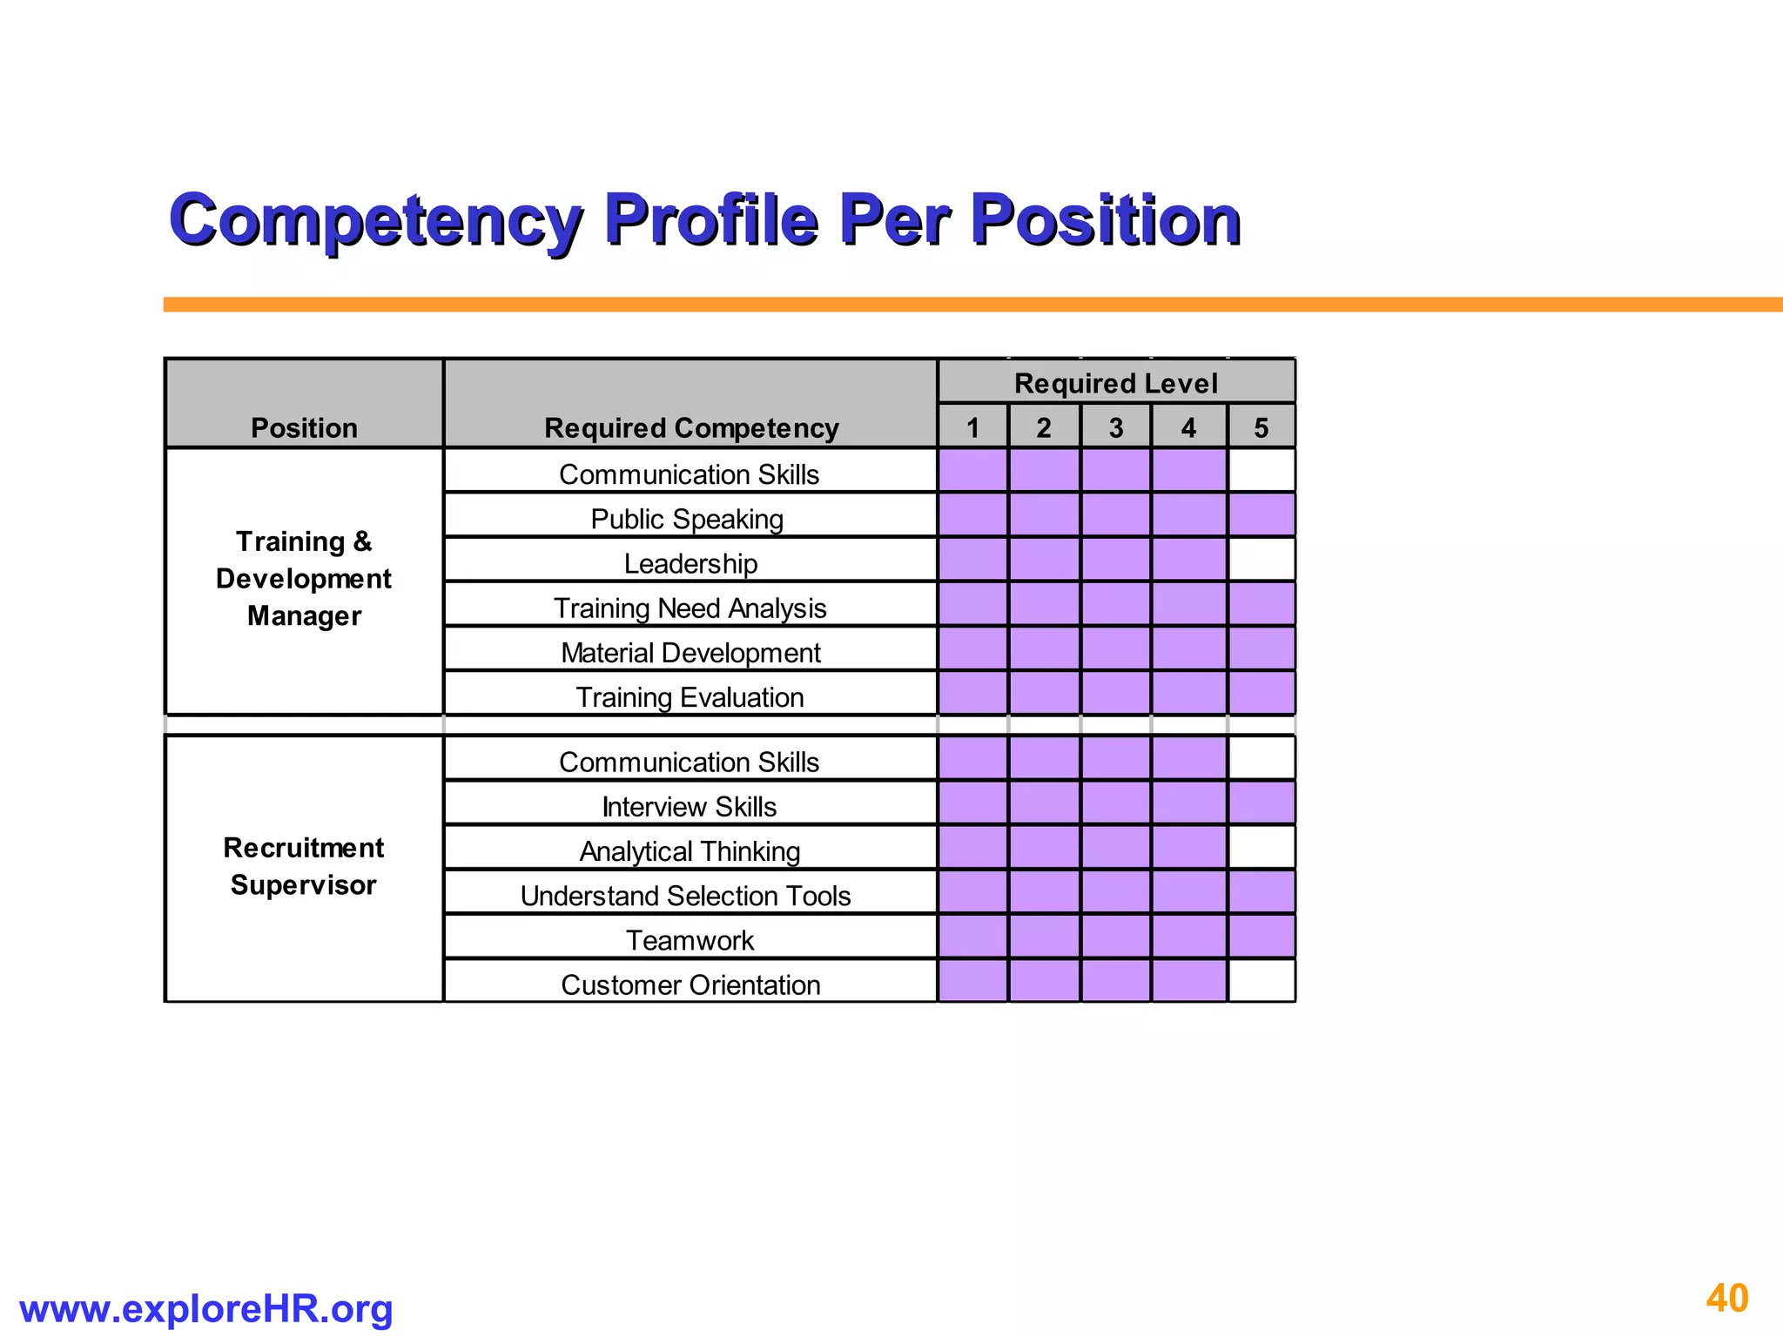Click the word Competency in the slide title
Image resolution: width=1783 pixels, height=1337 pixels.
coord(375,219)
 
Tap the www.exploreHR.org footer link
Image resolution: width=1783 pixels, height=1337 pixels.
coord(205,1309)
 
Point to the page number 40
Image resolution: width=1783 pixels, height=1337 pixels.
coord(1727,1298)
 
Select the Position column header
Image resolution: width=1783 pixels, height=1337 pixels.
coord(304,427)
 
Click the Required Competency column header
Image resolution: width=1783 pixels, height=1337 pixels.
coord(691,427)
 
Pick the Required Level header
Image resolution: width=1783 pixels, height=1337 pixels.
coord(1116,383)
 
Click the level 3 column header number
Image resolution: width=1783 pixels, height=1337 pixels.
coord(1116,427)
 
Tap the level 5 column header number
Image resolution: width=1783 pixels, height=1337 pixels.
coord(1262,427)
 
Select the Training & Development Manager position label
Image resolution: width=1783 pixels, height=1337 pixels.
coord(304,579)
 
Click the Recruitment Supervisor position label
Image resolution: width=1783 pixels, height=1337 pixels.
coord(304,866)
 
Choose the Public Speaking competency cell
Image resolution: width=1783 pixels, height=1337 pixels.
coord(688,519)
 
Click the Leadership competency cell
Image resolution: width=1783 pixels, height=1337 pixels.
coord(690,563)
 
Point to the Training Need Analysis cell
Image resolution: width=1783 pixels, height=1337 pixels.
coord(690,608)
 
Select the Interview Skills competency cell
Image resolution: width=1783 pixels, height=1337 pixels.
coord(690,806)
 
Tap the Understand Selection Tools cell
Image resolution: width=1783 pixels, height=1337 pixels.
coord(686,896)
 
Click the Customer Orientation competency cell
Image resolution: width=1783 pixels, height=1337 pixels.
coord(690,984)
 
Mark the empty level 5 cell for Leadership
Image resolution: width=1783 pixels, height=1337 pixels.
coord(1262,559)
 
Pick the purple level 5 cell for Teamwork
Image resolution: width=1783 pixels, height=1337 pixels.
coord(1262,937)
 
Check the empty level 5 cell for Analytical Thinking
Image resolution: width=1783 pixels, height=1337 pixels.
coord(1262,847)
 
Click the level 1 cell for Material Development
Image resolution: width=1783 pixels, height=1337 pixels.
coord(973,648)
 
